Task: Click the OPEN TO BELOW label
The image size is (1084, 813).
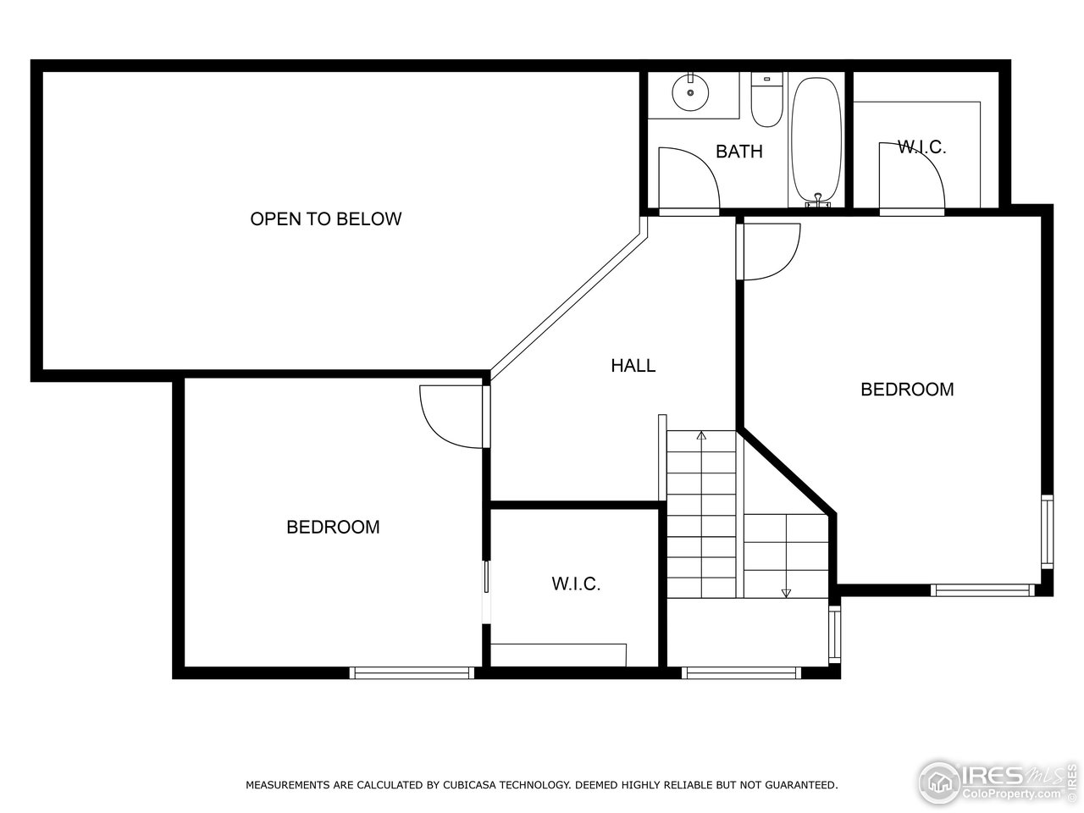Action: point(325,218)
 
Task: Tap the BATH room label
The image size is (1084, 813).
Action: point(738,152)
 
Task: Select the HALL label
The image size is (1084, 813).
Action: point(633,366)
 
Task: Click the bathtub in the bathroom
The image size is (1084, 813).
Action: point(816,140)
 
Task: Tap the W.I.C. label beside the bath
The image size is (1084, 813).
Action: point(921,147)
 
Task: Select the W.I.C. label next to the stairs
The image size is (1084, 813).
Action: point(576,584)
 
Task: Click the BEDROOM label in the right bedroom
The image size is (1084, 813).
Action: point(907,390)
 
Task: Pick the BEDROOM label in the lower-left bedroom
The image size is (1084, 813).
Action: point(333,527)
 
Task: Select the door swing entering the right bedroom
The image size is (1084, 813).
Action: point(771,251)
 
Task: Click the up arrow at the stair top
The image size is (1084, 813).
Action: point(701,436)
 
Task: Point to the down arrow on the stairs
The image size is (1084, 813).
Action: point(786,592)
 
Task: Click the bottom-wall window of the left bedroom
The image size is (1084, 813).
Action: point(412,672)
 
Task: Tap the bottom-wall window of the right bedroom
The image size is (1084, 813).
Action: point(982,590)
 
